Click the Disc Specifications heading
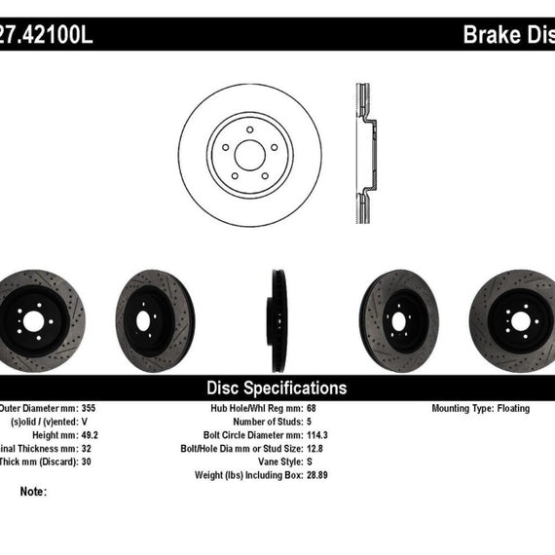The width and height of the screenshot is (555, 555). (277, 388)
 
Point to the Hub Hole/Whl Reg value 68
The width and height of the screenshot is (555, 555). (311, 409)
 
